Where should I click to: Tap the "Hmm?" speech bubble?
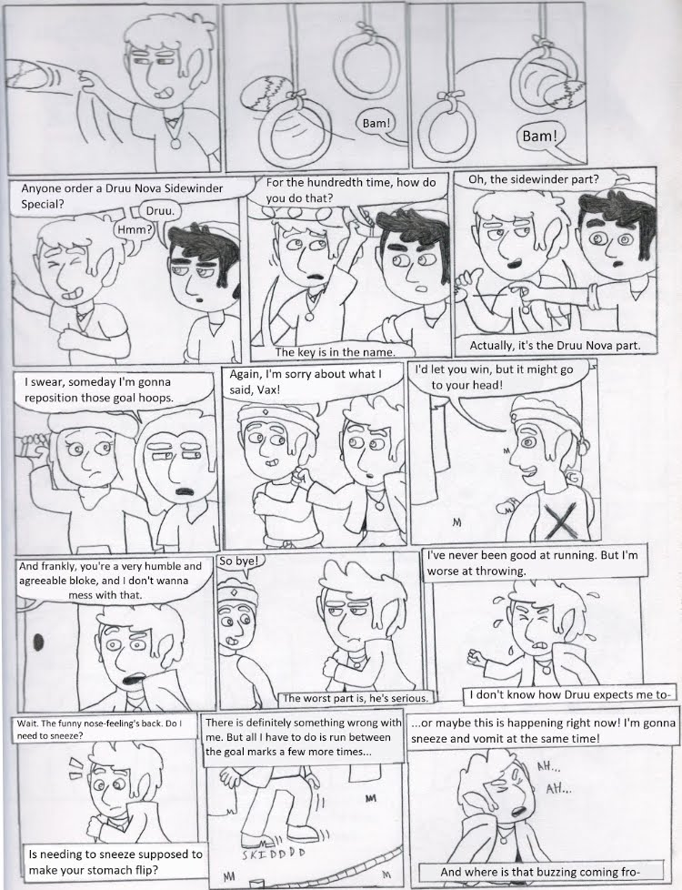pos(135,230)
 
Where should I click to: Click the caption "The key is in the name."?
pos(335,352)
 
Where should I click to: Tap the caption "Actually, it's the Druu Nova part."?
pos(555,345)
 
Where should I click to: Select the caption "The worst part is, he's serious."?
pos(356,698)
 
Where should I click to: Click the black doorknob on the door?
pos(39,642)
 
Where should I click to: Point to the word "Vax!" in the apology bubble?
pos(268,390)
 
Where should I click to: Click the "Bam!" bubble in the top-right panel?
pos(539,137)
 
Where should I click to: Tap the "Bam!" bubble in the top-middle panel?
pos(375,123)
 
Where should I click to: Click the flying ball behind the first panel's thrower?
pos(27,72)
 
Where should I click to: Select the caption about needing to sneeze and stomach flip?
pos(115,861)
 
